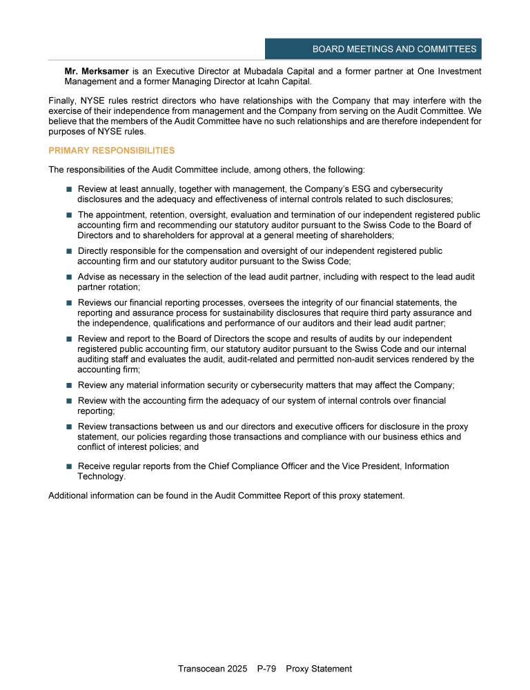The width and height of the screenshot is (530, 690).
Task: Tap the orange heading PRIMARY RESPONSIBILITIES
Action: point(112,150)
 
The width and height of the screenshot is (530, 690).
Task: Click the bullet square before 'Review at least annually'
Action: point(69,189)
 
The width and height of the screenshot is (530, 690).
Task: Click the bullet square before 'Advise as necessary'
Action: point(69,277)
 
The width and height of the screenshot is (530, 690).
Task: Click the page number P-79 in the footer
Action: point(266,669)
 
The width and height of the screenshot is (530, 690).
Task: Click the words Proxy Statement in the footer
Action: point(319,669)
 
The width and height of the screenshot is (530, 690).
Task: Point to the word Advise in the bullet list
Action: point(92,277)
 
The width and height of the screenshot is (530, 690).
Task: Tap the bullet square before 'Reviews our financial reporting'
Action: point(69,303)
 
